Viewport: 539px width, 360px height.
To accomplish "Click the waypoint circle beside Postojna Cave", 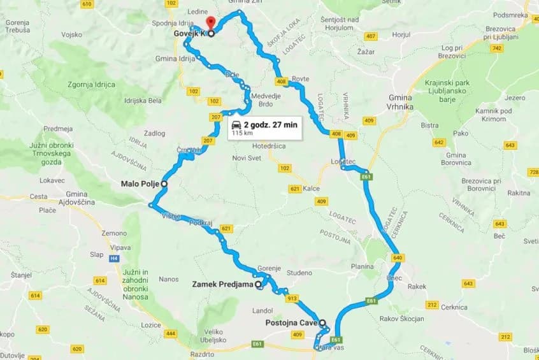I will [x=322, y=322].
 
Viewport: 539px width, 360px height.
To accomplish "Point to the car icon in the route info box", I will [x=236, y=125].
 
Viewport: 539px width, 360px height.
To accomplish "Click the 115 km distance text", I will [x=241, y=134].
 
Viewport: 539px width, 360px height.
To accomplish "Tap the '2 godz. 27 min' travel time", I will [x=270, y=125].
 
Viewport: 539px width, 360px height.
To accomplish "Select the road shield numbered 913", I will [x=292, y=298].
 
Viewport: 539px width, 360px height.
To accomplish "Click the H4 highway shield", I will [x=114, y=258].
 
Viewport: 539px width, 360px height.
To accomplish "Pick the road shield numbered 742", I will [x=497, y=48].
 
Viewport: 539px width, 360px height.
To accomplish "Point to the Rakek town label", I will [x=417, y=287].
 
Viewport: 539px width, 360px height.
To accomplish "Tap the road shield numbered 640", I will [x=398, y=258].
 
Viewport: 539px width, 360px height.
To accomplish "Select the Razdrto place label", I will [x=203, y=354].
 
